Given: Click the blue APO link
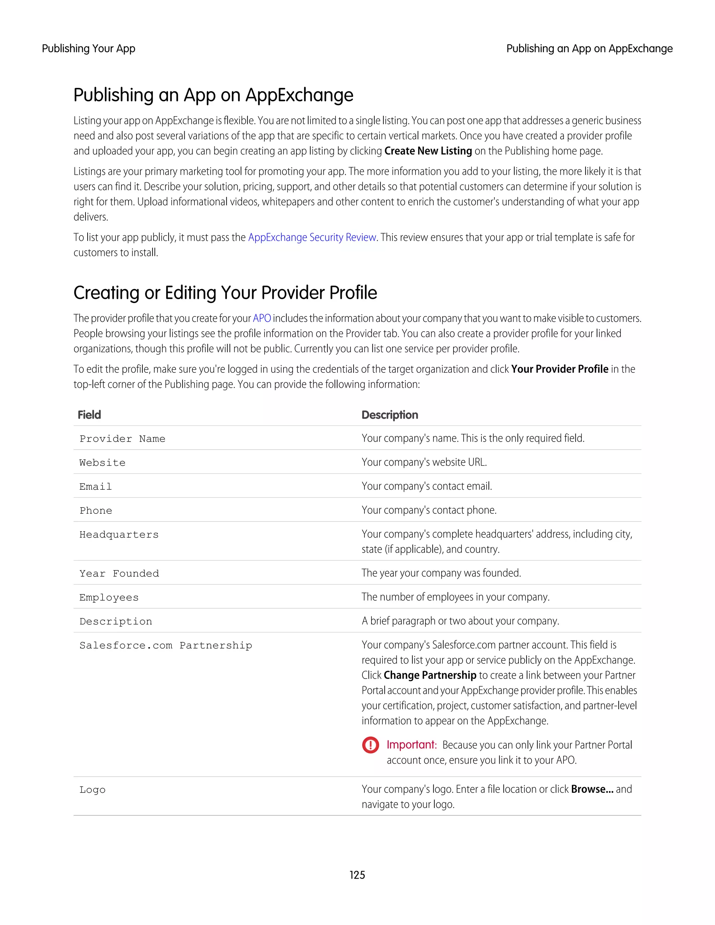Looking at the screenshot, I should tap(262, 318).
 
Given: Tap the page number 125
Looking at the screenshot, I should tap(357, 875).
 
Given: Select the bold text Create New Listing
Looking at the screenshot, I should tap(428, 151).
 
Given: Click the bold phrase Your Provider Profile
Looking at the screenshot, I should tap(559, 369).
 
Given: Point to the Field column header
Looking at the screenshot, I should tap(89, 415).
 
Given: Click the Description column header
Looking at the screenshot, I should tap(390, 415).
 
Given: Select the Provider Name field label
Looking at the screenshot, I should tap(123, 439).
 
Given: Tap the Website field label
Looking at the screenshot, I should tap(103, 462).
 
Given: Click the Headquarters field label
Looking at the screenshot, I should tap(119, 534).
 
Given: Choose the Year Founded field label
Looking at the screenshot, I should tap(119, 573).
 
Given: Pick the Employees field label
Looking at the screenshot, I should tap(109, 597).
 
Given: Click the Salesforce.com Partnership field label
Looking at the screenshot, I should tap(165, 645).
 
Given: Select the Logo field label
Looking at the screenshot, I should tap(92, 790).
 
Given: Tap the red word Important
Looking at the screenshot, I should tap(411, 745).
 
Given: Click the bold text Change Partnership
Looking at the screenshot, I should tap(430, 675).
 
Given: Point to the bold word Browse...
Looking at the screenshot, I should tap(592, 789).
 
